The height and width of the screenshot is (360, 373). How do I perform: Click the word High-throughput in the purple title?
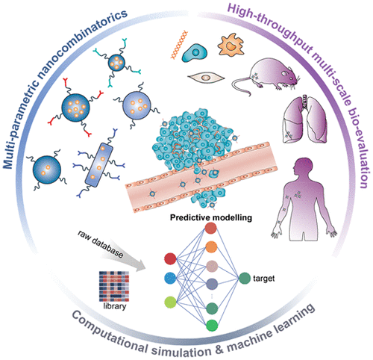pyautogui.click(x=247, y=16)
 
